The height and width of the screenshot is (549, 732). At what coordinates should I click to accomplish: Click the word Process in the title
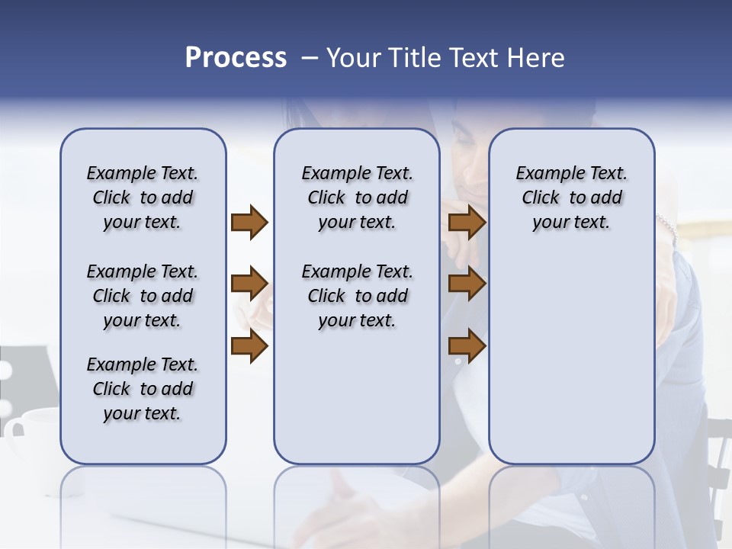(x=236, y=58)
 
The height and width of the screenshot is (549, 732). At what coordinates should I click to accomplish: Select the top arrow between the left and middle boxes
(x=249, y=222)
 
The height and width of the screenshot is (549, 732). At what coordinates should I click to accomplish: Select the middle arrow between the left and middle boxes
(x=249, y=284)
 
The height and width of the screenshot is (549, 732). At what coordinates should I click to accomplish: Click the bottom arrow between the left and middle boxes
(x=249, y=345)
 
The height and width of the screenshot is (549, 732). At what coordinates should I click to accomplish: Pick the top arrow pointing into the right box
(x=467, y=222)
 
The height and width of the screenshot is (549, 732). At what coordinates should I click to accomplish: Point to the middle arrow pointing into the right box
(x=467, y=284)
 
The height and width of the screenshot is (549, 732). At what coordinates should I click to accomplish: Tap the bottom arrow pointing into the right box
(x=467, y=345)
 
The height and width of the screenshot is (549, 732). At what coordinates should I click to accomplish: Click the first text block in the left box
(x=143, y=197)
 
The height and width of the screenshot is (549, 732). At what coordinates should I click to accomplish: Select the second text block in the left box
(x=143, y=296)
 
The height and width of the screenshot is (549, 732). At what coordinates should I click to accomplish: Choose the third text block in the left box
(x=143, y=389)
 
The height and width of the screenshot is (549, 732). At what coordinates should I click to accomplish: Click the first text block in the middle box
(x=357, y=197)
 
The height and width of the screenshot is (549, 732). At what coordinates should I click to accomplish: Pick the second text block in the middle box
(x=357, y=296)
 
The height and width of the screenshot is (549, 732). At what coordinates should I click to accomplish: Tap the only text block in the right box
(x=571, y=197)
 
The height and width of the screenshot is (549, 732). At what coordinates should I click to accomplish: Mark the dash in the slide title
(x=310, y=58)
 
